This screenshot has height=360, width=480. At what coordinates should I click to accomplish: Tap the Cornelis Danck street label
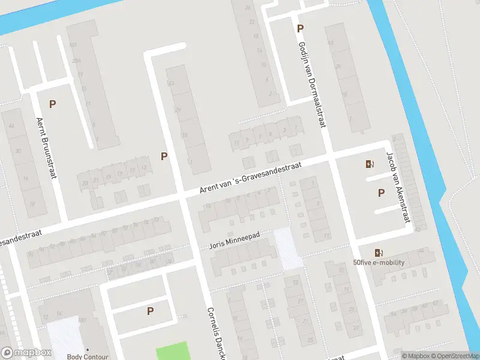click(x=215, y=333)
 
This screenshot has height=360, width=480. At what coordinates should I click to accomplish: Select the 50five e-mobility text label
click(x=379, y=262)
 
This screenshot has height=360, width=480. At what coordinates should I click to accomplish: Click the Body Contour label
click(x=87, y=357)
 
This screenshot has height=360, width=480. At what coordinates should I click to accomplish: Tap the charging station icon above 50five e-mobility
click(x=378, y=253)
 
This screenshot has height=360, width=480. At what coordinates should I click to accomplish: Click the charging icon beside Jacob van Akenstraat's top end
click(x=369, y=164)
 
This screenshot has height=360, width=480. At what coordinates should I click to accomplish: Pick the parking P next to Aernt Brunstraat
click(x=53, y=104)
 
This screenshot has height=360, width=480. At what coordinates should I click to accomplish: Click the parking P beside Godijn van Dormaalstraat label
click(x=300, y=28)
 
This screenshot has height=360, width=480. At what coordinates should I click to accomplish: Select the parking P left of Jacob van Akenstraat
click(x=381, y=193)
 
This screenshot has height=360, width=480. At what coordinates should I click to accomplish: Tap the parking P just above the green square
click(x=150, y=311)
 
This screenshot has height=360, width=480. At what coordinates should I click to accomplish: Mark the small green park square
click(x=172, y=351)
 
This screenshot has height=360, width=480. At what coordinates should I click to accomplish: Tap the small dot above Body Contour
click(x=88, y=349)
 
